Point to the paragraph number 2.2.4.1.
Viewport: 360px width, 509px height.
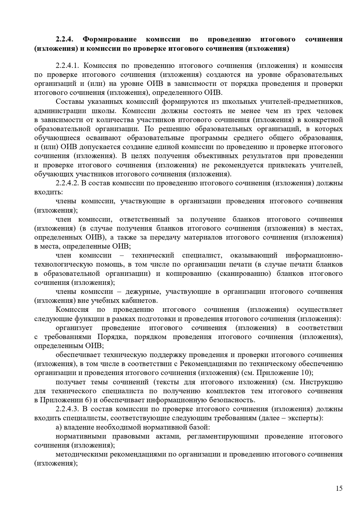click(x=68, y=65)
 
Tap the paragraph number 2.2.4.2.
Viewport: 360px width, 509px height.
click(x=68, y=183)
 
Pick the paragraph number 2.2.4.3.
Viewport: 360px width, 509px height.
click(x=68, y=409)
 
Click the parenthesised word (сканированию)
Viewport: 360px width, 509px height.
click(x=244, y=274)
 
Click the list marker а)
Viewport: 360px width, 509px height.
click(x=59, y=427)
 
